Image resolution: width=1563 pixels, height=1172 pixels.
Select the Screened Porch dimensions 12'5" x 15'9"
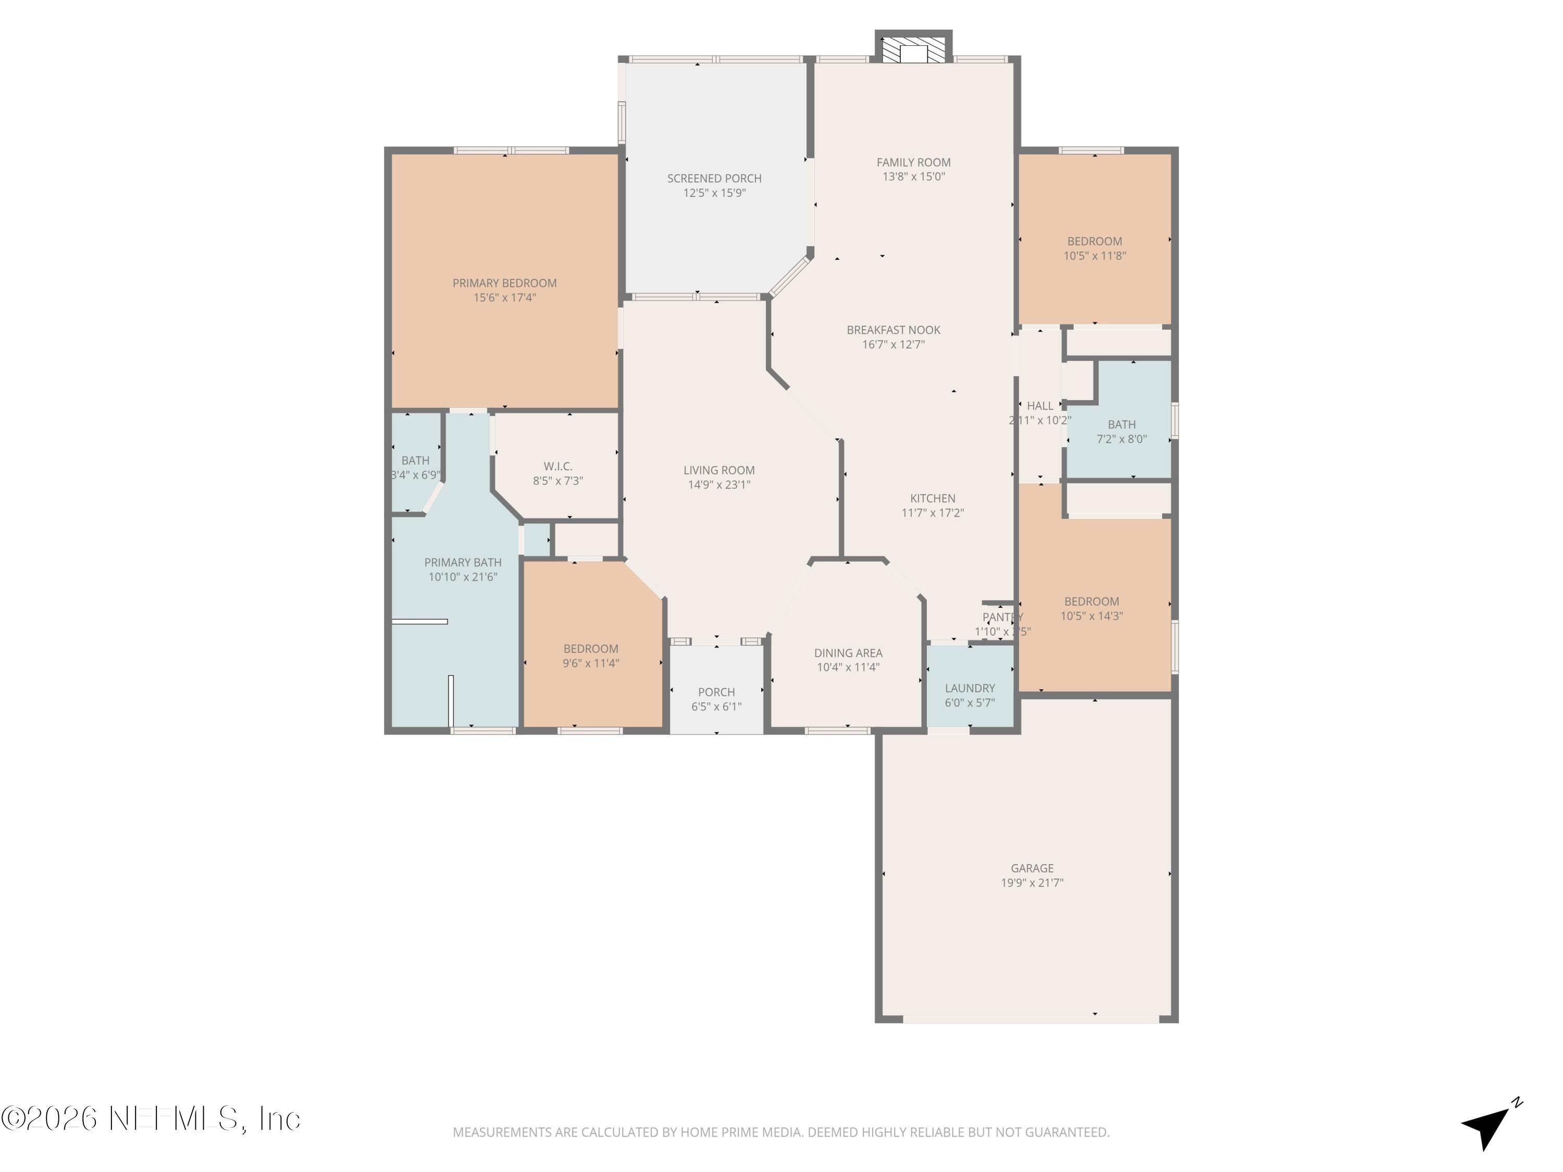(x=714, y=193)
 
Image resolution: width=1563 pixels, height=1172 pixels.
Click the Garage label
(x=1032, y=868)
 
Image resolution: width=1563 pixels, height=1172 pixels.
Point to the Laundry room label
(x=970, y=688)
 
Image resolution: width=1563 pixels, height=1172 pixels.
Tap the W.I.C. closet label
(x=557, y=466)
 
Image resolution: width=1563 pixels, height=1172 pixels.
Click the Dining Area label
(x=848, y=653)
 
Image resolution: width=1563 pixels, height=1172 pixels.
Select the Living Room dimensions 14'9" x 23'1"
(x=718, y=484)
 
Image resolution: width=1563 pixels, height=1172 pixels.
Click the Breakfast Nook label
(x=893, y=330)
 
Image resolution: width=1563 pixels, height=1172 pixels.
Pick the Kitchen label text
(x=932, y=498)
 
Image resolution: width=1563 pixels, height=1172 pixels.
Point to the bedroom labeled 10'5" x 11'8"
(x=1094, y=248)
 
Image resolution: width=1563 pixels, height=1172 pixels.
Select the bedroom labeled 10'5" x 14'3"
(x=1091, y=609)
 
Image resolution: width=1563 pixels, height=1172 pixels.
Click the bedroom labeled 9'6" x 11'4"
(x=591, y=656)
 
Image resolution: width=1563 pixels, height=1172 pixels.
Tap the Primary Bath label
(x=463, y=563)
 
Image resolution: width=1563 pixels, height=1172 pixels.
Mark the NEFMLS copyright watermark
(x=151, y=1118)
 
